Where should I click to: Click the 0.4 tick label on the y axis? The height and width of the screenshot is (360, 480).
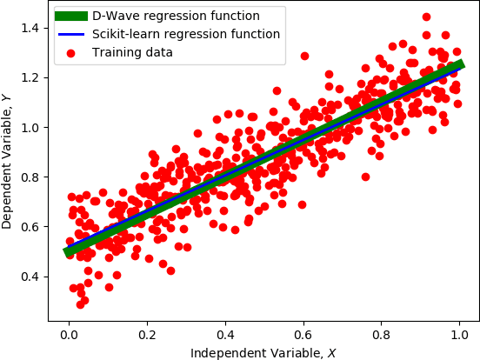click(x=34, y=277)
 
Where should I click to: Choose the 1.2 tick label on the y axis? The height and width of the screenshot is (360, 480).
click(x=34, y=78)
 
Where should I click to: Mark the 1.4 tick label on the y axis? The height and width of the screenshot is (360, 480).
click(x=34, y=29)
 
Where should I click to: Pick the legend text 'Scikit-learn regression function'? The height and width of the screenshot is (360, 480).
click(x=185, y=34)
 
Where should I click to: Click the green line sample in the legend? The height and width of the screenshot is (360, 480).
click(x=71, y=16)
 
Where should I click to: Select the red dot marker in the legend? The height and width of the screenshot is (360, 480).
click(x=71, y=52)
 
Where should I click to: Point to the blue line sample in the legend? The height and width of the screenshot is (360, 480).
click(x=71, y=34)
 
